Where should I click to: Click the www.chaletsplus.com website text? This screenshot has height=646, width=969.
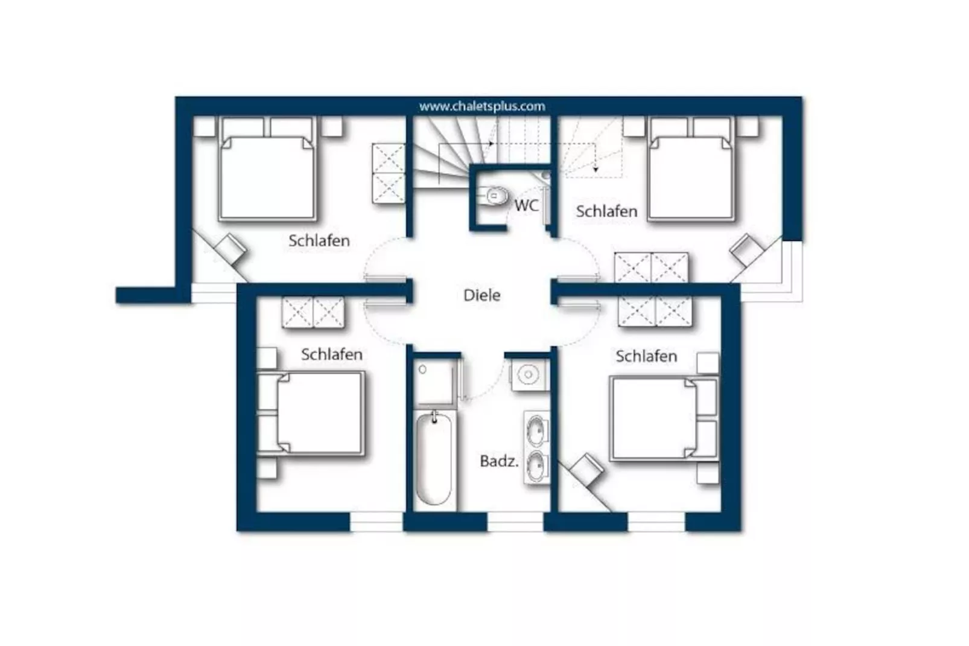[x=481, y=106]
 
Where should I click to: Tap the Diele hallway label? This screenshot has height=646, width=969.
[x=481, y=295]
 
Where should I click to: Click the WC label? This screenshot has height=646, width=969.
[x=526, y=205]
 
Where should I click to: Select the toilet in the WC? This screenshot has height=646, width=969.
[x=495, y=196]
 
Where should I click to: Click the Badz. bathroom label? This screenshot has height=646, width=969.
[x=498, y=461]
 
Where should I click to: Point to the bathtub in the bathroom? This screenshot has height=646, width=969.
[x=433, y=459]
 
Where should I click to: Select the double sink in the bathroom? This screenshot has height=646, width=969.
[x=535, y=448]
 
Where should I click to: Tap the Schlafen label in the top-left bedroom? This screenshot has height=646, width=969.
[x=319, y=240]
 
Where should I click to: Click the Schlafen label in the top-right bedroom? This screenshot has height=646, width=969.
[x=606, y=211]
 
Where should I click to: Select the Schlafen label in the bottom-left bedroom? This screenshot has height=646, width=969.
[x=331, y=354]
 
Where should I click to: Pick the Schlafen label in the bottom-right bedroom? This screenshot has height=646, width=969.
[x=646, y=356]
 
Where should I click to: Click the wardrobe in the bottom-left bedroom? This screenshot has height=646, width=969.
[x=313, y=312]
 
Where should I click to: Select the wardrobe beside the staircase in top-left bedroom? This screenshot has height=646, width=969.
[x=388, y=173]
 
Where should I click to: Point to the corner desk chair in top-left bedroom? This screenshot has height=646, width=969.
[x=230, y=248]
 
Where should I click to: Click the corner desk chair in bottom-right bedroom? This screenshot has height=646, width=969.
[x=586, y=468]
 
